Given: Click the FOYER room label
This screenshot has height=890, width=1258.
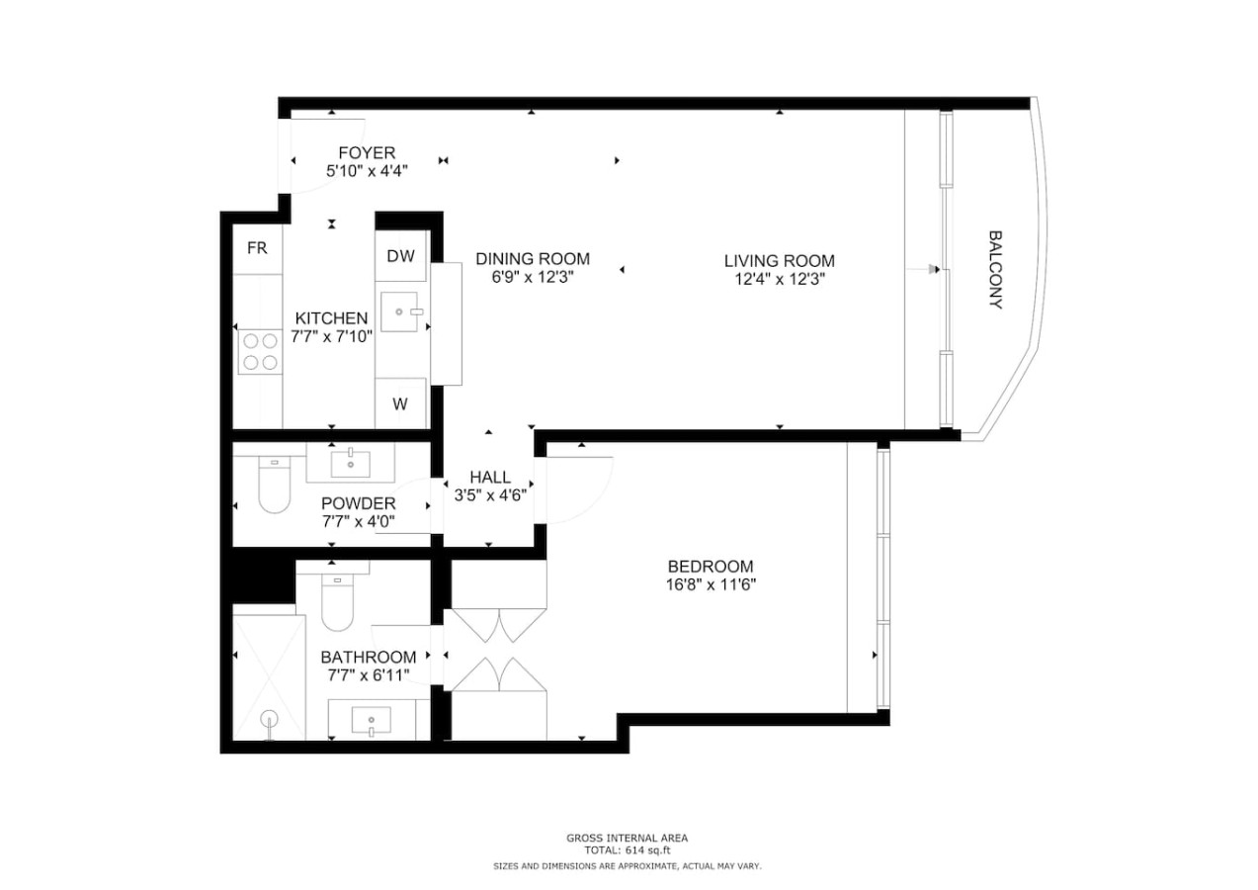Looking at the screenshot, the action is click(367, 153).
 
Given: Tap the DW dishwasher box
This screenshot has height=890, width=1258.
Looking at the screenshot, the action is click(400, 256).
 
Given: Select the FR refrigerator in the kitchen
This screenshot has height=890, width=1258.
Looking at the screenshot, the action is click(257, 248).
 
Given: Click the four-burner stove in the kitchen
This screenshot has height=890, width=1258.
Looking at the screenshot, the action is click(260, 352).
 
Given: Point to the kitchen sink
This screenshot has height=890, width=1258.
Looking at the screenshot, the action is click(399, 311).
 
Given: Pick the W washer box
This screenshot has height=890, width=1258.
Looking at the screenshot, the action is click(400, 403).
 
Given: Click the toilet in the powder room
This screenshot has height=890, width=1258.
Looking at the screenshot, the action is click(274, 484).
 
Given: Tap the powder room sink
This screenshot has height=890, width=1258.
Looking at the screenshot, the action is click(351, 464).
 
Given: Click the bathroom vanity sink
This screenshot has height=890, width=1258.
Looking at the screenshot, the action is click(372, 721).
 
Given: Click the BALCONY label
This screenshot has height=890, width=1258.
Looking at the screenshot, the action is click(995, 270).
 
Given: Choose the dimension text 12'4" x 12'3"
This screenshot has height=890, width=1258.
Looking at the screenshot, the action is click(780, 280).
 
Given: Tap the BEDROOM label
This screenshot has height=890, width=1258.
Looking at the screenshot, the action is click(711, 566).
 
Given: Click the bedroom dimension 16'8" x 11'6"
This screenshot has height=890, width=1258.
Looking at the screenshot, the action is click(711, 584).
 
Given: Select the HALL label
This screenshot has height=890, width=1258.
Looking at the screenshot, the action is click(490, 477).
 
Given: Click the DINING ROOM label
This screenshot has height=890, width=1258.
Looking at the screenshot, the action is click(533, 259).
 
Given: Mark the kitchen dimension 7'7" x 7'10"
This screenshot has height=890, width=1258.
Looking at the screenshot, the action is click(332, 337).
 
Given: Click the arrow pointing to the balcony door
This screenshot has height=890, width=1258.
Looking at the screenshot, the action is click(923, 270).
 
